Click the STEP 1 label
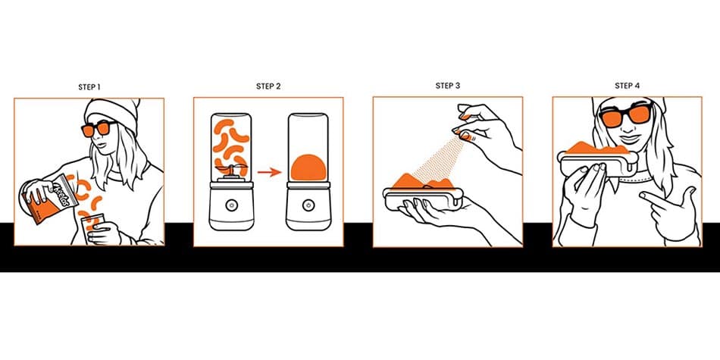coord(89,87)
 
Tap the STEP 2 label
coord(268,86)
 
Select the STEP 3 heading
coord(448,86)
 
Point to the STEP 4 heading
coord(627,86)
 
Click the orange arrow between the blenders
coord(269,172)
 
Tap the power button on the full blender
coord(230,205)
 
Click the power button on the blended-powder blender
coord(308,205)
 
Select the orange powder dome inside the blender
coord(308,168)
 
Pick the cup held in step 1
coord(93,229)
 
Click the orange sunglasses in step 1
coord(99,129)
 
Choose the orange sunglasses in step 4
coord(627,117)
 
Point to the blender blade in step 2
coord(231,168)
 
